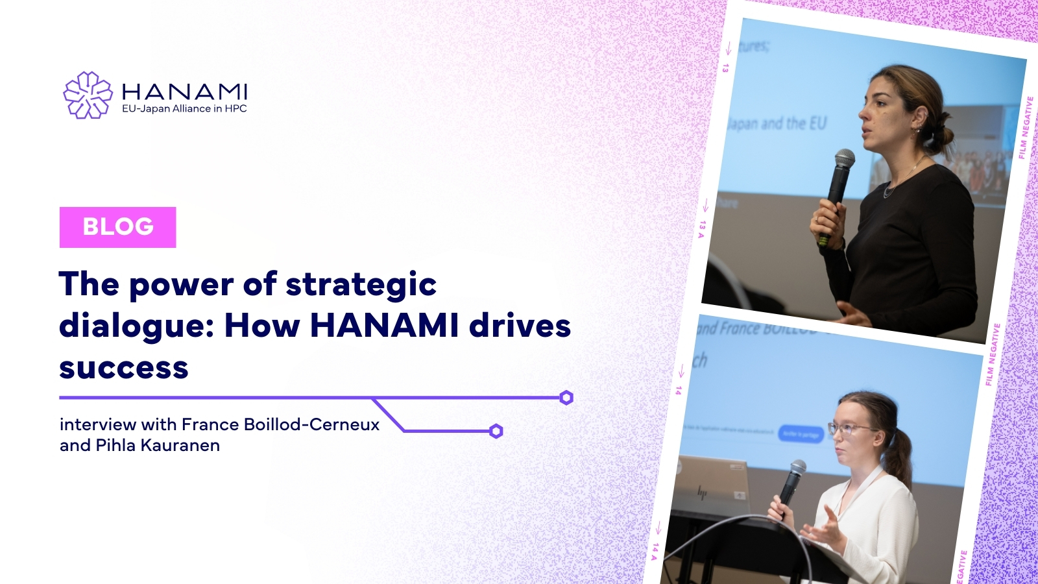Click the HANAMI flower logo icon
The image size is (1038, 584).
click(x=88, y=95)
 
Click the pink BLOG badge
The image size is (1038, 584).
click(x=117, y=227)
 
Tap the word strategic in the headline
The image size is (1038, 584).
click(x=361, y=284)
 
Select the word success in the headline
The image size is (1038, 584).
click(x=124, y=368)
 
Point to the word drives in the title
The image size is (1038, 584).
click(x=520, y=326)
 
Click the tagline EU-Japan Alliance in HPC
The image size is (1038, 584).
click(x=184, y=109)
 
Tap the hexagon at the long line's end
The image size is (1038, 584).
click(x=566, y=398)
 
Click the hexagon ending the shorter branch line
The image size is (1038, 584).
click(x=496, y=431)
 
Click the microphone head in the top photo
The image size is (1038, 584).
click(x=844, y=159)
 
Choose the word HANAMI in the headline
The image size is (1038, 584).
click(x=384, y=326)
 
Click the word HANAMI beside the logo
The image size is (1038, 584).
click(x=184, y=91)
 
